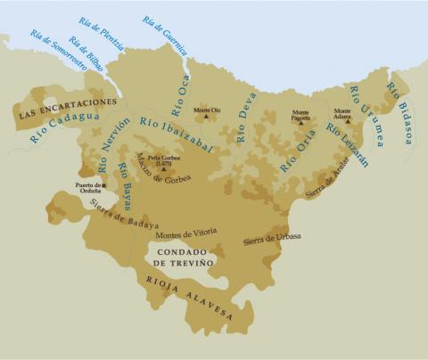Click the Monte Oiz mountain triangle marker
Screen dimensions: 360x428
pos(208,116)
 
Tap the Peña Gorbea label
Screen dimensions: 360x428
pos(163,158)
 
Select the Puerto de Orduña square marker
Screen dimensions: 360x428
pos(103,185)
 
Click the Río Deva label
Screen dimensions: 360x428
pos(247,117)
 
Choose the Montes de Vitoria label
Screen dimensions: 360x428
pos(185,233)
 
